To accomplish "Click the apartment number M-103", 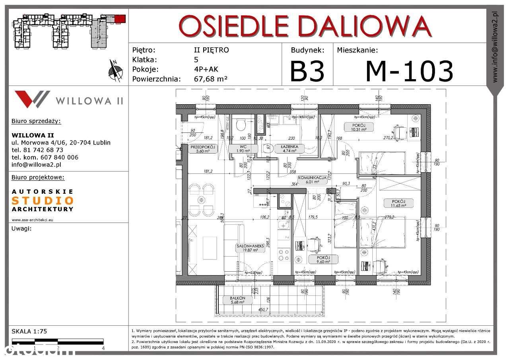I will tap(409, 71).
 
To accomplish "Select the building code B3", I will tap(307, 71).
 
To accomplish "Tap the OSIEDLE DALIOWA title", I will tap(305, 26).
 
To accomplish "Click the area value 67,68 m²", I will tap(210, 79).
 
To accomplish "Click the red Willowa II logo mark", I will tap(32, 99).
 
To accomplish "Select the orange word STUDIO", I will tap(42, 200).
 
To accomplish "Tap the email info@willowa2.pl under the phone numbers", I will tap(36, 164).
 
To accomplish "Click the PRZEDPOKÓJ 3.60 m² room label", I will tap(202, 148).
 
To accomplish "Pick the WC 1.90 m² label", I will tap(243, 148).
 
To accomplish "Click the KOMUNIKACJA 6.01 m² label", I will tap(313, 180).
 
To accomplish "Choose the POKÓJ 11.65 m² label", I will tap(398, 203).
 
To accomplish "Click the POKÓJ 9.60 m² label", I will tap(323, 259).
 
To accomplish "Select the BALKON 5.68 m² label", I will tap(237, 300).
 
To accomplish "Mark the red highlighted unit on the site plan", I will tap(120, 19).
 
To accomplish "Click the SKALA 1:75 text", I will tap(29, 331).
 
